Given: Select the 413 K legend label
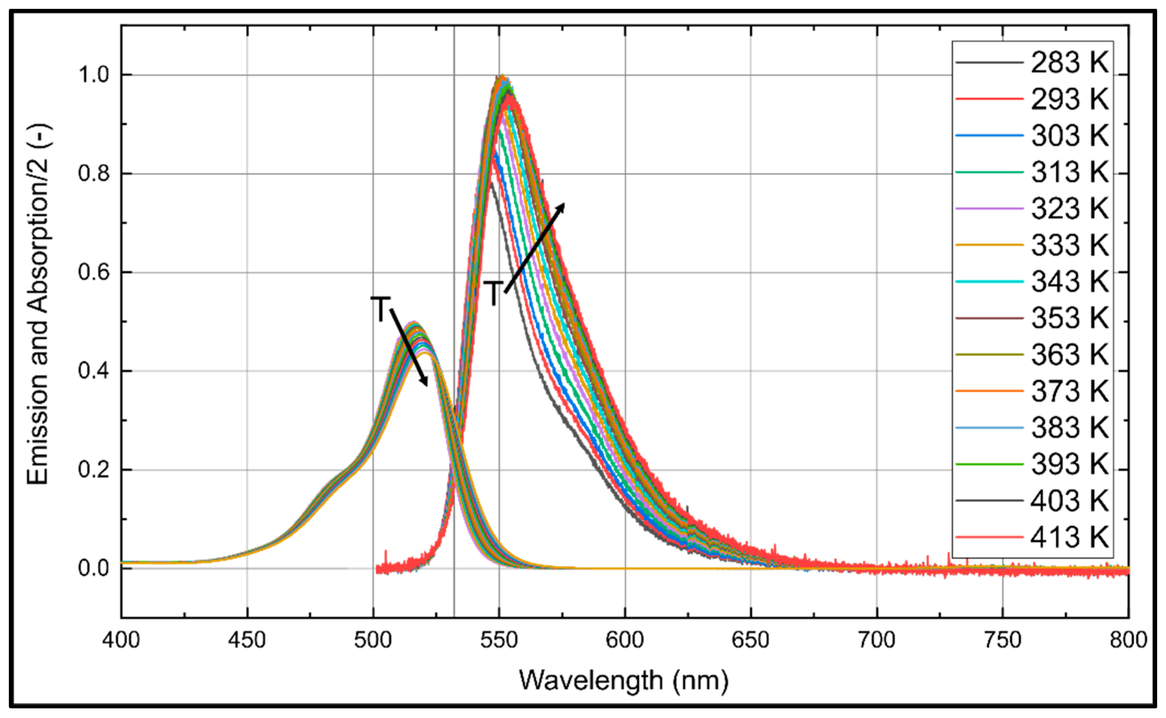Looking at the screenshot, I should point(1069,538).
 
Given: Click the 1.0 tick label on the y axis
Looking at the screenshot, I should point(93,74).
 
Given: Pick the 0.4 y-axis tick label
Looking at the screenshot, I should point(93,371).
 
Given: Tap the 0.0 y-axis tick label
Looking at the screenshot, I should point(93,568).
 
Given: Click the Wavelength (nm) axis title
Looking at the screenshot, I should point(624,681).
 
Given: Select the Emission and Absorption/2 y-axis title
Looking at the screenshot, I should point(38,304).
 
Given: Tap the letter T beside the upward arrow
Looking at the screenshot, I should point(494,293).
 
